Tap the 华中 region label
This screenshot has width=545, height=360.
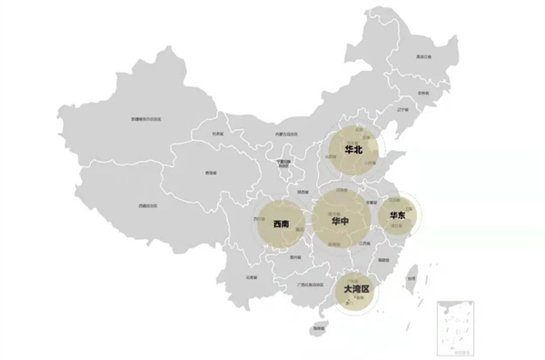(342, 221)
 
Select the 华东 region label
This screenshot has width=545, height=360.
(397, 215)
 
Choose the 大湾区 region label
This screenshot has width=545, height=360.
(357, 291)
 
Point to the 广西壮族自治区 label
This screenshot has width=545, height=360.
(301, 285)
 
